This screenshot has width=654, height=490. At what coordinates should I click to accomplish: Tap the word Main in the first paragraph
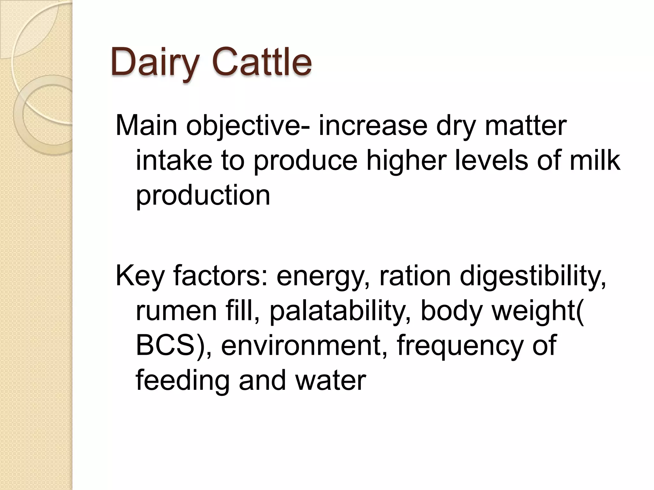146,125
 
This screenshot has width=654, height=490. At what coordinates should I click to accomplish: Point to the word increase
373,125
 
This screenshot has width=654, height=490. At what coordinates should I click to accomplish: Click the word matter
526,125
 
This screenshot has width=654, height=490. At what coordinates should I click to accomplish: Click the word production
203,195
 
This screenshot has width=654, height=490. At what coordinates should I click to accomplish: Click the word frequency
460,345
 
